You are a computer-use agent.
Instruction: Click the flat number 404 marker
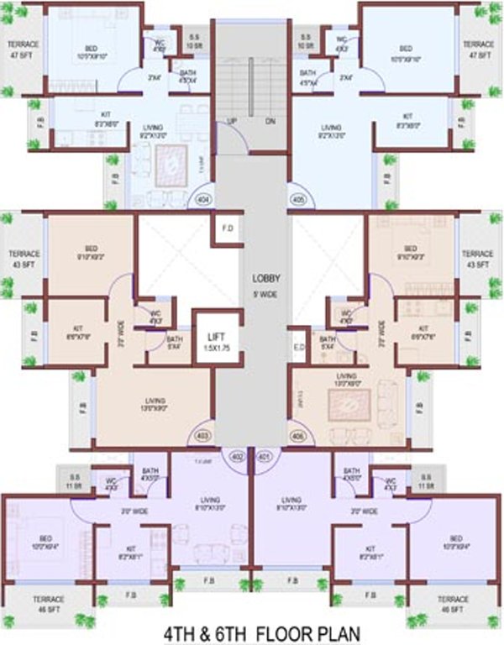point(202,200)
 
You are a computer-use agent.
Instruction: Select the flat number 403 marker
point(202,436)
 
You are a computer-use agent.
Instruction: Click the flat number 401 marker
point(265,456)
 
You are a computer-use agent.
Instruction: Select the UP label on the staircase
point(231,121)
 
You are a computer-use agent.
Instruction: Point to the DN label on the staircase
point(270,121)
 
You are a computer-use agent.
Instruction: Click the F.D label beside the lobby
point(227,228)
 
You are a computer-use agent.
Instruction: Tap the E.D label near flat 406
point(298,345)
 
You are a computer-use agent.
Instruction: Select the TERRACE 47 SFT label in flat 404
point(24,48)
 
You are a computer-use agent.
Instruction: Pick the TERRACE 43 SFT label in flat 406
point(477,259)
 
